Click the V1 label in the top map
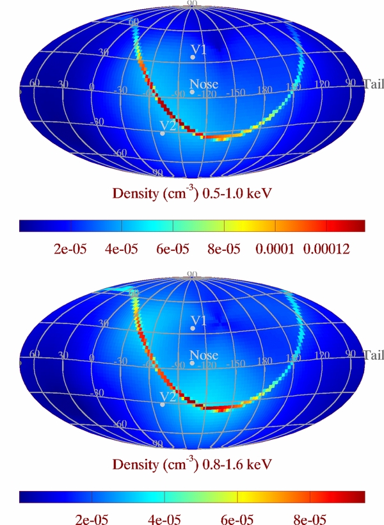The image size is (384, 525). point(199,49)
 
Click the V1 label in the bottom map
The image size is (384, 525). point(199,319)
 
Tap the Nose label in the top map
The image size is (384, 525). point(204,84)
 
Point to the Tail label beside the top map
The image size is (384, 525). point(373,84)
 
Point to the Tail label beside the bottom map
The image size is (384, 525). point(373,355)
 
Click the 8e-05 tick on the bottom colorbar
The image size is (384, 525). point(310,517)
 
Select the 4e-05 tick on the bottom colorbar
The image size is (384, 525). point(164,517)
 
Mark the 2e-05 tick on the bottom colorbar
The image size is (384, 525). point(92,517)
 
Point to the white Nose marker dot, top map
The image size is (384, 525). point(192,92)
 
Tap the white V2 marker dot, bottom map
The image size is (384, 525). point(163,405)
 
